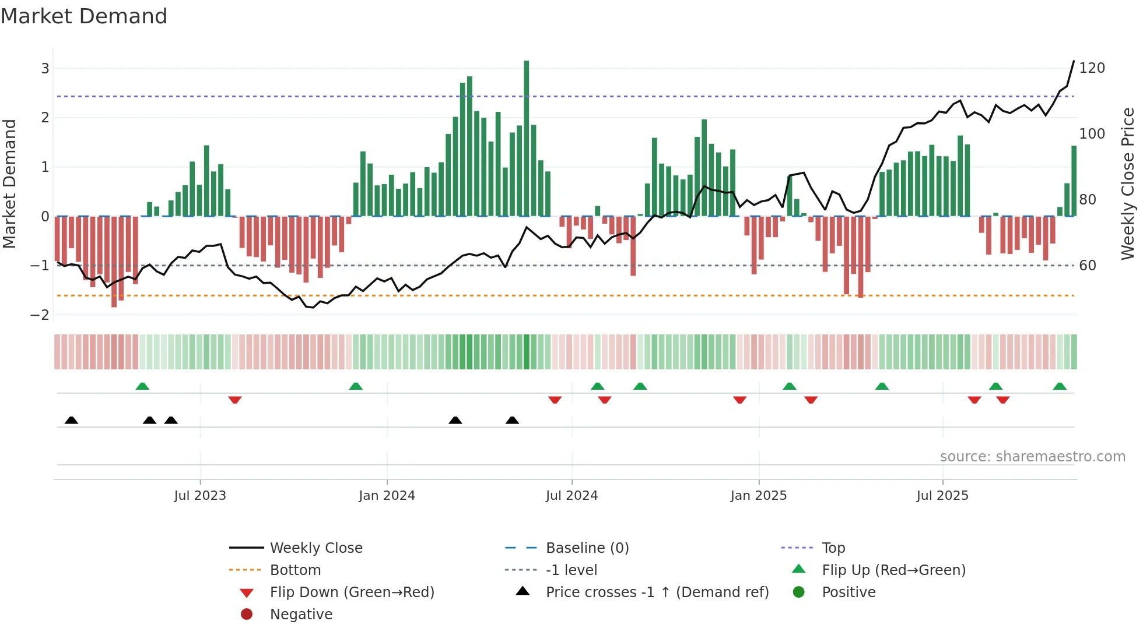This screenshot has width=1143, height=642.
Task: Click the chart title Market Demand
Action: click(x=84, y=16)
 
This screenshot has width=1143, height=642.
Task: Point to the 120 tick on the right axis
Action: click(x=1092, y=68)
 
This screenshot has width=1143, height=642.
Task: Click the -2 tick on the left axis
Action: click(x=40, y=315)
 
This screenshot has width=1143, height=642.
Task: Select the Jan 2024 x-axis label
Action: click(x=387, y=496)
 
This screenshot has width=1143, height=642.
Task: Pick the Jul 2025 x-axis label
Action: click(x=942, y=496)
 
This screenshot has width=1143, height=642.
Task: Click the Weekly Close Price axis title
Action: click(x=1128, y=184)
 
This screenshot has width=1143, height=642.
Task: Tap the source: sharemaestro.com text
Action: click(x=1032, y=457)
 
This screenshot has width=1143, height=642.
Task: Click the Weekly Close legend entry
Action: click(x=315, y=548)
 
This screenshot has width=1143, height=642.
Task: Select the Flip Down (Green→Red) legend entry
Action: click(x=352, y=592)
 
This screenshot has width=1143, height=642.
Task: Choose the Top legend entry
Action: click(x=833, y=548)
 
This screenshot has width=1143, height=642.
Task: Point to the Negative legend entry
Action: click(x=301, y=615)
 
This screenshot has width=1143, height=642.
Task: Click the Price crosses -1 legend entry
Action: click(x=657, y=592)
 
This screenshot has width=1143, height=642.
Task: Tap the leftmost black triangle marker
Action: click(x=71, y=421)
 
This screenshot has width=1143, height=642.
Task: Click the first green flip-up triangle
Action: click(x=142, y=386)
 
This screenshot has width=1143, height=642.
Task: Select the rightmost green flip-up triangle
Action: click(x=1060, y=386)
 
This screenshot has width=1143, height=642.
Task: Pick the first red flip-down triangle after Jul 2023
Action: click(x=235, y=400)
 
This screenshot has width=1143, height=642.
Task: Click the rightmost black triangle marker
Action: click(x=512, y=421)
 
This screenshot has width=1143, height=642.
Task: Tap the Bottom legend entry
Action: click(x=295, y=570)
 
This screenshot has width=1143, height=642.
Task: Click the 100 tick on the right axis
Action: click(x=1092, y=134)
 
